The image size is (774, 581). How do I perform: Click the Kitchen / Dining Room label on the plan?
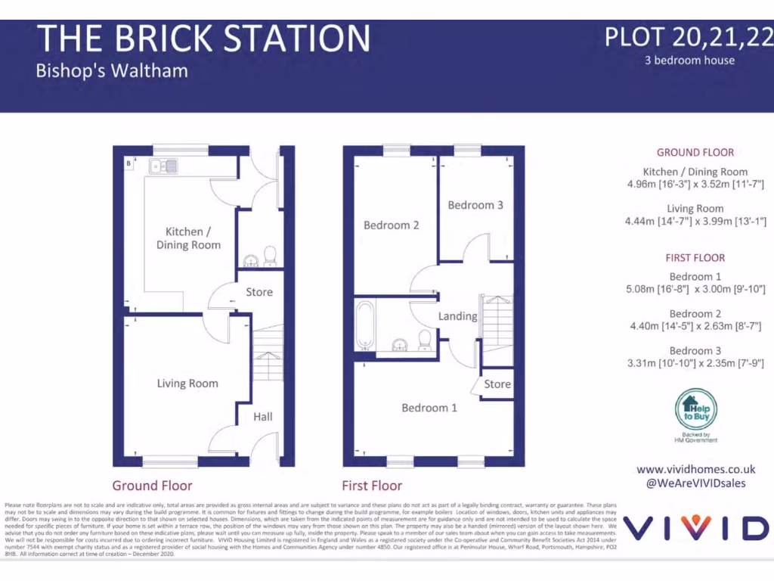tap(188, 238)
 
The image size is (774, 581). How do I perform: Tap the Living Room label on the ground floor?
tap(187, 384)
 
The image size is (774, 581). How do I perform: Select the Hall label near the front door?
tap(263, 417)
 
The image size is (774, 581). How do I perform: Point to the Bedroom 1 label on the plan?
tap(429, 408)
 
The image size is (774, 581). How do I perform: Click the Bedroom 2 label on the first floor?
tap(392, 225)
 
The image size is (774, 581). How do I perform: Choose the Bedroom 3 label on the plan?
tap(475, 205)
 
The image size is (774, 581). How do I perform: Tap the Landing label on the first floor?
tap(457, 316)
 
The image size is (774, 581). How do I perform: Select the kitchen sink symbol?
tap(163, 165)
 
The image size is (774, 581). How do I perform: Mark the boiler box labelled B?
tap(128, 163)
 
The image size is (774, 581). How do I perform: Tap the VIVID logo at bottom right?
tap(695, 528)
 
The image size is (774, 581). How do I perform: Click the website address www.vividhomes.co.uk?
tap(695, 469)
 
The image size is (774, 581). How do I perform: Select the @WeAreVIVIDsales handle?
tap(695, 483)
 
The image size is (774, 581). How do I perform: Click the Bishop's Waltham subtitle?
tap(112, 71)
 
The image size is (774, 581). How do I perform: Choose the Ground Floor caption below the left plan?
tap(152, 486)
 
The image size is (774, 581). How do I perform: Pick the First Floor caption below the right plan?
tap(372, 486)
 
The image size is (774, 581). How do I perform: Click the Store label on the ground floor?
tap(259, 292)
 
